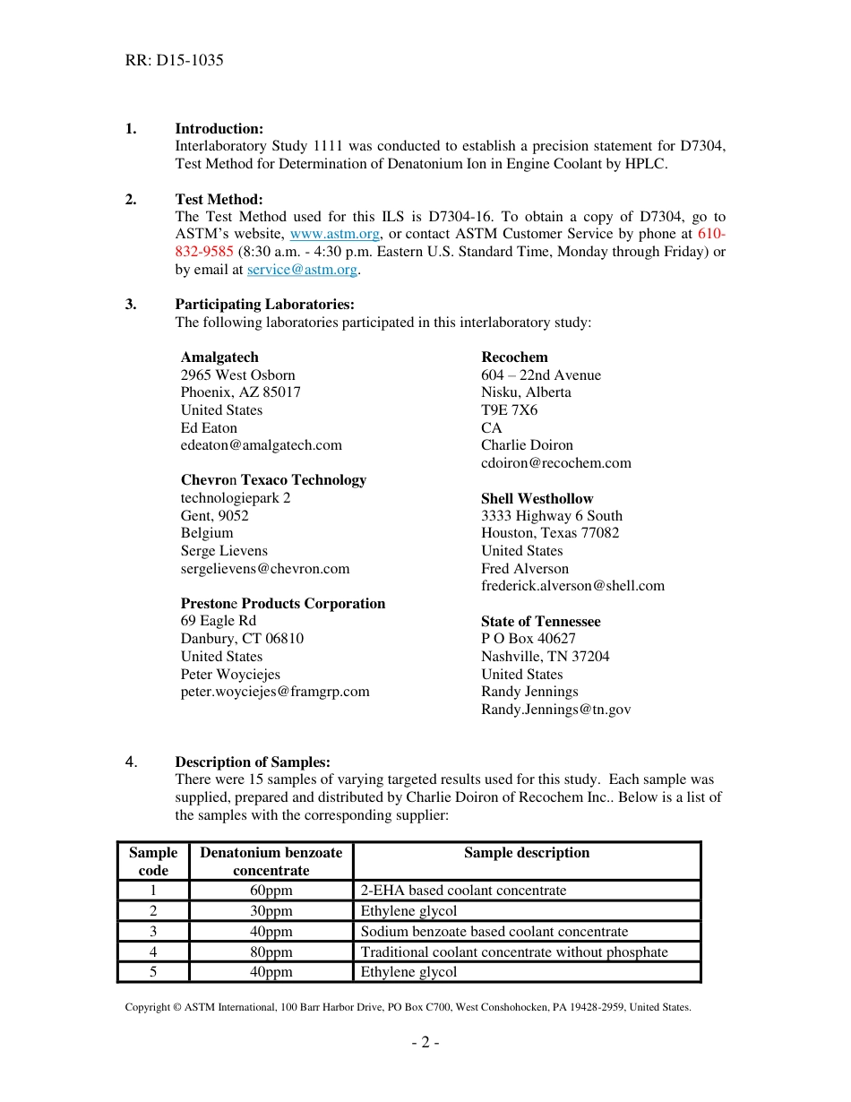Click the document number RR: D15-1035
175,61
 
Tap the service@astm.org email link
302,270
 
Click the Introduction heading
219,129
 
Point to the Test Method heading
219,200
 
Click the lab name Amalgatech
219,357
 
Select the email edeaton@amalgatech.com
261,445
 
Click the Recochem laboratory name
514,357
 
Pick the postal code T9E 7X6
509,410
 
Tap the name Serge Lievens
224,551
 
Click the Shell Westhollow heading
537,498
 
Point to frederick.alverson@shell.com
572,586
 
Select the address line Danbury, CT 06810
242,639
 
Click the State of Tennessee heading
540,622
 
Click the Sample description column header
527,853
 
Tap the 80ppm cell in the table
271,952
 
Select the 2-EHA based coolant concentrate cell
463,891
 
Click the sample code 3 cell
153,932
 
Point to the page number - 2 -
425,1042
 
